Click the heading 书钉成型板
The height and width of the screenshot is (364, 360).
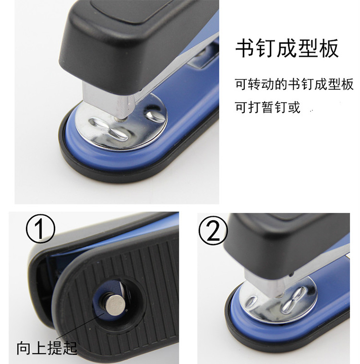(287, 48)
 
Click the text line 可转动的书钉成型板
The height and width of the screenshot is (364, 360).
(294, 84)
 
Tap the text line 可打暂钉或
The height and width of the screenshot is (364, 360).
(268, 107)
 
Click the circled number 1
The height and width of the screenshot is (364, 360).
(40, 229)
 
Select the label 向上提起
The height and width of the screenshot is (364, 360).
(47, 348)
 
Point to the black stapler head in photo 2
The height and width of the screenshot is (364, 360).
(286, 246)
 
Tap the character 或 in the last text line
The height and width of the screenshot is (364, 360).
(294, 107)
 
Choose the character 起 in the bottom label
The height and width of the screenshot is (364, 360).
(70, 348)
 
